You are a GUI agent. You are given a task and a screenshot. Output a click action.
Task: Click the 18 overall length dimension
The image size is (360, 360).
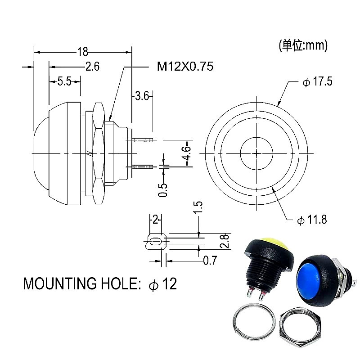83,51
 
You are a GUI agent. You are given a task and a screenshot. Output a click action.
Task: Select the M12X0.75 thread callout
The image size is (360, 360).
185,67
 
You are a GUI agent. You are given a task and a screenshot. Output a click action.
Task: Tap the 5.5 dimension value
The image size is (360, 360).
64,81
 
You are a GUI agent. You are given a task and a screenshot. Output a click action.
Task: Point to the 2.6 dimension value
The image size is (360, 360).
92,67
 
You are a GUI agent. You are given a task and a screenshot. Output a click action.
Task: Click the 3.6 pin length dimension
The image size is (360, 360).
142,95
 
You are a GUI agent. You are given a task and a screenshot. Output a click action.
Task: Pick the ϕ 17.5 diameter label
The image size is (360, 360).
317,83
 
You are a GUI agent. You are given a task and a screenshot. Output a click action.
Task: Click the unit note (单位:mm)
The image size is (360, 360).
303,45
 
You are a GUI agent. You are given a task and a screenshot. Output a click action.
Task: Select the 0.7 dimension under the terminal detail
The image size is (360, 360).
210,260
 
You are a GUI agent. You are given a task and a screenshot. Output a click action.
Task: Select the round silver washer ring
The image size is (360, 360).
254,324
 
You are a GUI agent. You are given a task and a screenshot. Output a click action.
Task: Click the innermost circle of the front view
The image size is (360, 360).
257,153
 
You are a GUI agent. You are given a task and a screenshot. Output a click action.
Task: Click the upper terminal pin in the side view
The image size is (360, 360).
143,140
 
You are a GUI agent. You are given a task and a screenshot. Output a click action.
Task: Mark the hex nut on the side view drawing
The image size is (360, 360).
99,153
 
